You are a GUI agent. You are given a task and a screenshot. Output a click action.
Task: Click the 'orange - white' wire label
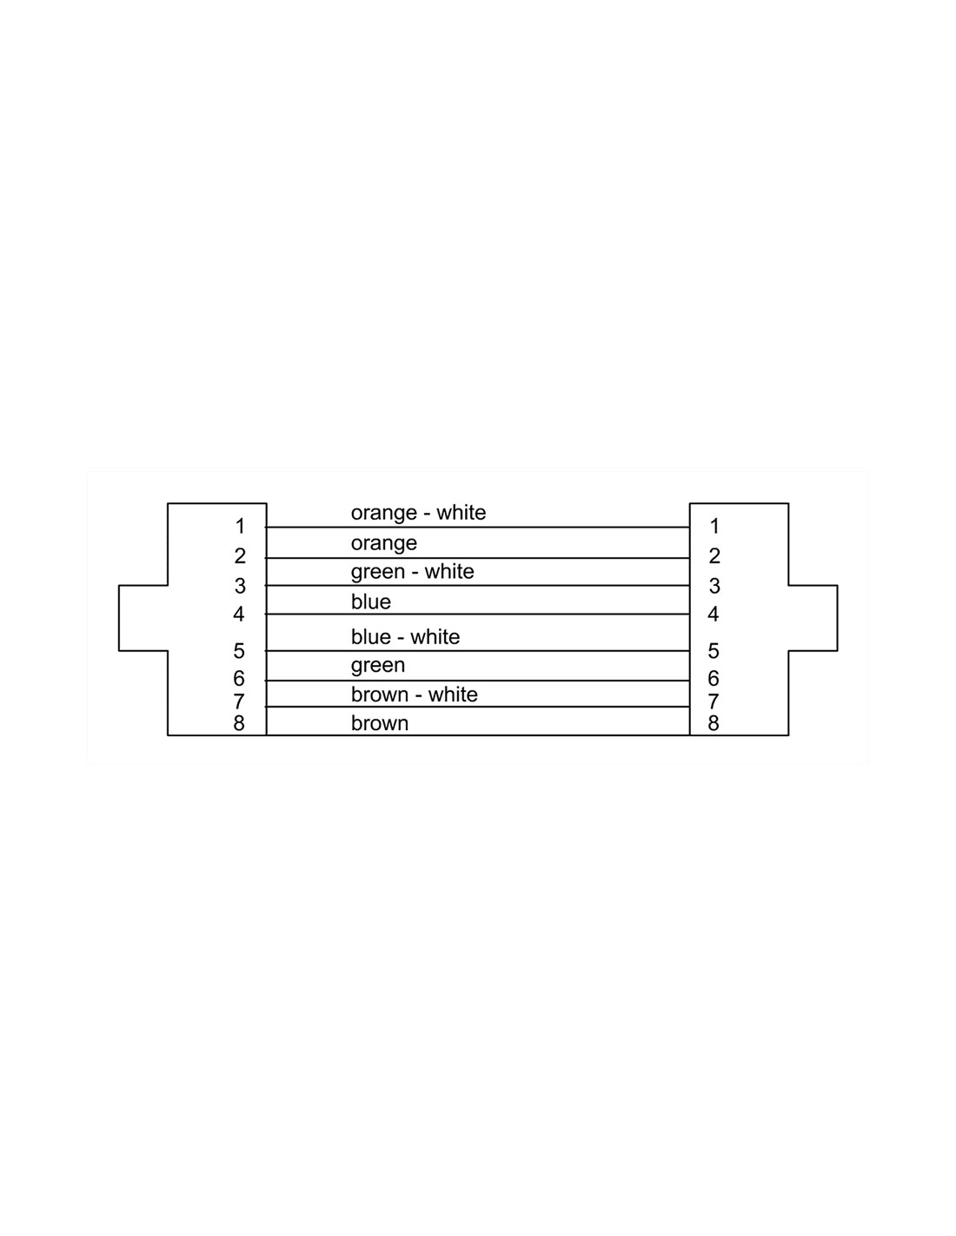[418, 513]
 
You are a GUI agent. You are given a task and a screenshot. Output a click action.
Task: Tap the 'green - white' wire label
[412, 572]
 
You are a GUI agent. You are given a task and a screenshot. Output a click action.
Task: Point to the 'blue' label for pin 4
[371, 601]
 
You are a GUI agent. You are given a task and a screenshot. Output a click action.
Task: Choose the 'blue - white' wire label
[405, 636]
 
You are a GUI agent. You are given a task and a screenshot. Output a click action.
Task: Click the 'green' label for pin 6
[378, 666]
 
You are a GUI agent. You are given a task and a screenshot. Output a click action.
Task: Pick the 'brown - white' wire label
[414, 694]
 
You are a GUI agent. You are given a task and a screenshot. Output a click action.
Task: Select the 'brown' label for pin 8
[379, 723]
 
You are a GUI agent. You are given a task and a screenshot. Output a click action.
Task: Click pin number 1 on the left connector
[240, 526]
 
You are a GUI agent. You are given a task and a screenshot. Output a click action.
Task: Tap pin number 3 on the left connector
[240, 586]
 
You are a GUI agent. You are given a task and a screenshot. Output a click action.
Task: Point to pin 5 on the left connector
[239, 651]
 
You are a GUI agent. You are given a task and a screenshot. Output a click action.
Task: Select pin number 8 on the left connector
[239, 723]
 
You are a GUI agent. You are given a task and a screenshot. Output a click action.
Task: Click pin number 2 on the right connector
[714, 555]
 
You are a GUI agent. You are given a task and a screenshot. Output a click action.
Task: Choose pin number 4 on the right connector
[714, 614]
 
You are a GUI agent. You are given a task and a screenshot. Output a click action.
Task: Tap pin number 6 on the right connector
[714, 678]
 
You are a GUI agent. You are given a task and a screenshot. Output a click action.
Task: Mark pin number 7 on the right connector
[714, 702]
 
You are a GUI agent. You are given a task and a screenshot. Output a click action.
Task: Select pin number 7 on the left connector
[239, 702]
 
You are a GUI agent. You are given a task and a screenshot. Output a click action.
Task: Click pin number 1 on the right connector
[715, 526]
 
